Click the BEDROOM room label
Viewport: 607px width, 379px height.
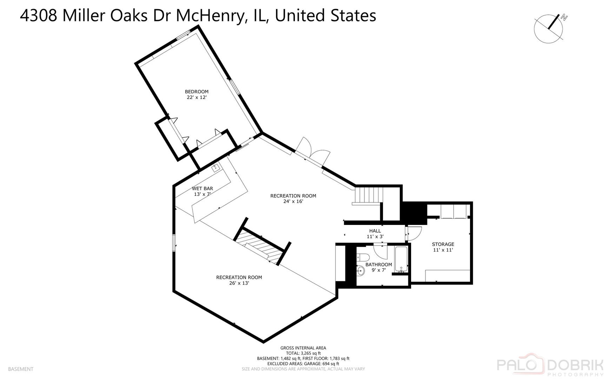point(197,92)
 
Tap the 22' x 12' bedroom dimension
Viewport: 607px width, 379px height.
point(197,97)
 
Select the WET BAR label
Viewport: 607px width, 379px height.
point(202,188)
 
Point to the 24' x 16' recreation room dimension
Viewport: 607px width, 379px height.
point(293,201)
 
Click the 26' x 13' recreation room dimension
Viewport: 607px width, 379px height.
point(239,283)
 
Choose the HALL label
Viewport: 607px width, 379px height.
point(375,231)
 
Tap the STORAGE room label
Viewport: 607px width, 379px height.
point(443,244)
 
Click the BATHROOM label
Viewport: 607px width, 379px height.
point(379,265)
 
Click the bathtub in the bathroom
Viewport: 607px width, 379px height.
point(401,259)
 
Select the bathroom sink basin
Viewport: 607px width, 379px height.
point(361,271)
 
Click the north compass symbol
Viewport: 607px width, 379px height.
point(550,28)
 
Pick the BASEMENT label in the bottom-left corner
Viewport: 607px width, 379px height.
point(21,369)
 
